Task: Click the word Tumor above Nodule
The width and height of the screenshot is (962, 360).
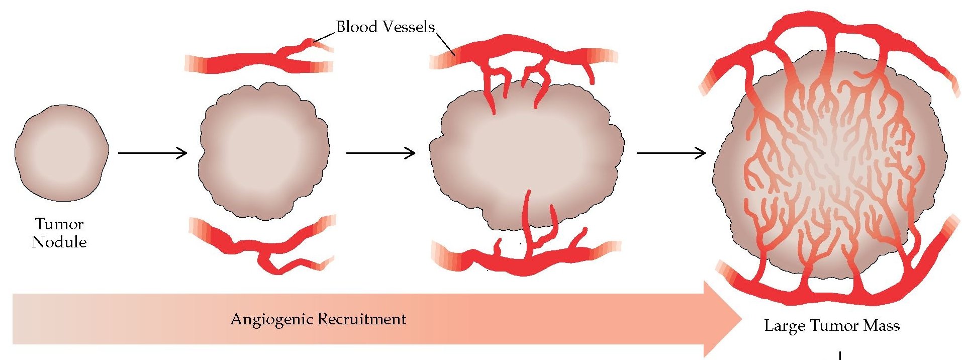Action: coord(59,224)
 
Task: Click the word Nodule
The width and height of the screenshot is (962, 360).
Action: coord(59,242)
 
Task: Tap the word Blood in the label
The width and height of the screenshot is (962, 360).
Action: coord(356,27)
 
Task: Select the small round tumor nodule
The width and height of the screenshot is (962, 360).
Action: coord(61,153)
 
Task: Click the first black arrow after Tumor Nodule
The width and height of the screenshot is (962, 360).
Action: coord(152,153)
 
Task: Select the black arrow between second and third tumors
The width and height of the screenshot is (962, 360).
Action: coord(380,153)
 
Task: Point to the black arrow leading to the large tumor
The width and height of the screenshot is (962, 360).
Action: coord(671,153)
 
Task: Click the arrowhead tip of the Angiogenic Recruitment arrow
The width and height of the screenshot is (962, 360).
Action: coord(740,319)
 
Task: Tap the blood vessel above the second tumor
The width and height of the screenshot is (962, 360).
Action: coord(251,63)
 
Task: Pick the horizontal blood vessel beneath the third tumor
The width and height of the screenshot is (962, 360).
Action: coord(523,261)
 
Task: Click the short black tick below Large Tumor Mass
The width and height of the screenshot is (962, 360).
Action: coord(840,356)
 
